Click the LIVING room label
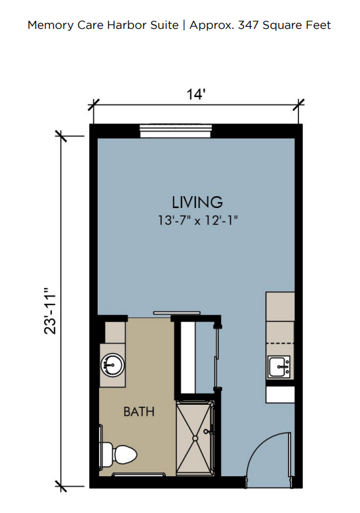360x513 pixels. [197, 202]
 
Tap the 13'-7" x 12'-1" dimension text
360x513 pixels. [197, 220]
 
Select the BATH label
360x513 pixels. [139, 411]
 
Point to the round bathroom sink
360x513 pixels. [113, 365]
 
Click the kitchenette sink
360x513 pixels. [279, 367]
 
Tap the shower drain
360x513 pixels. [195, 438]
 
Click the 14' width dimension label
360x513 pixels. [195, 94]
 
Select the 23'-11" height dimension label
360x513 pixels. [50, 311]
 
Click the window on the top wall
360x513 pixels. [176, 131]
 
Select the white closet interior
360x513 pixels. [188, 358]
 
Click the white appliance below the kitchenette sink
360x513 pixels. [280, 394]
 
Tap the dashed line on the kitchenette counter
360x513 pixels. [280, 343]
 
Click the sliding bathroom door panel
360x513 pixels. [177, 313]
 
